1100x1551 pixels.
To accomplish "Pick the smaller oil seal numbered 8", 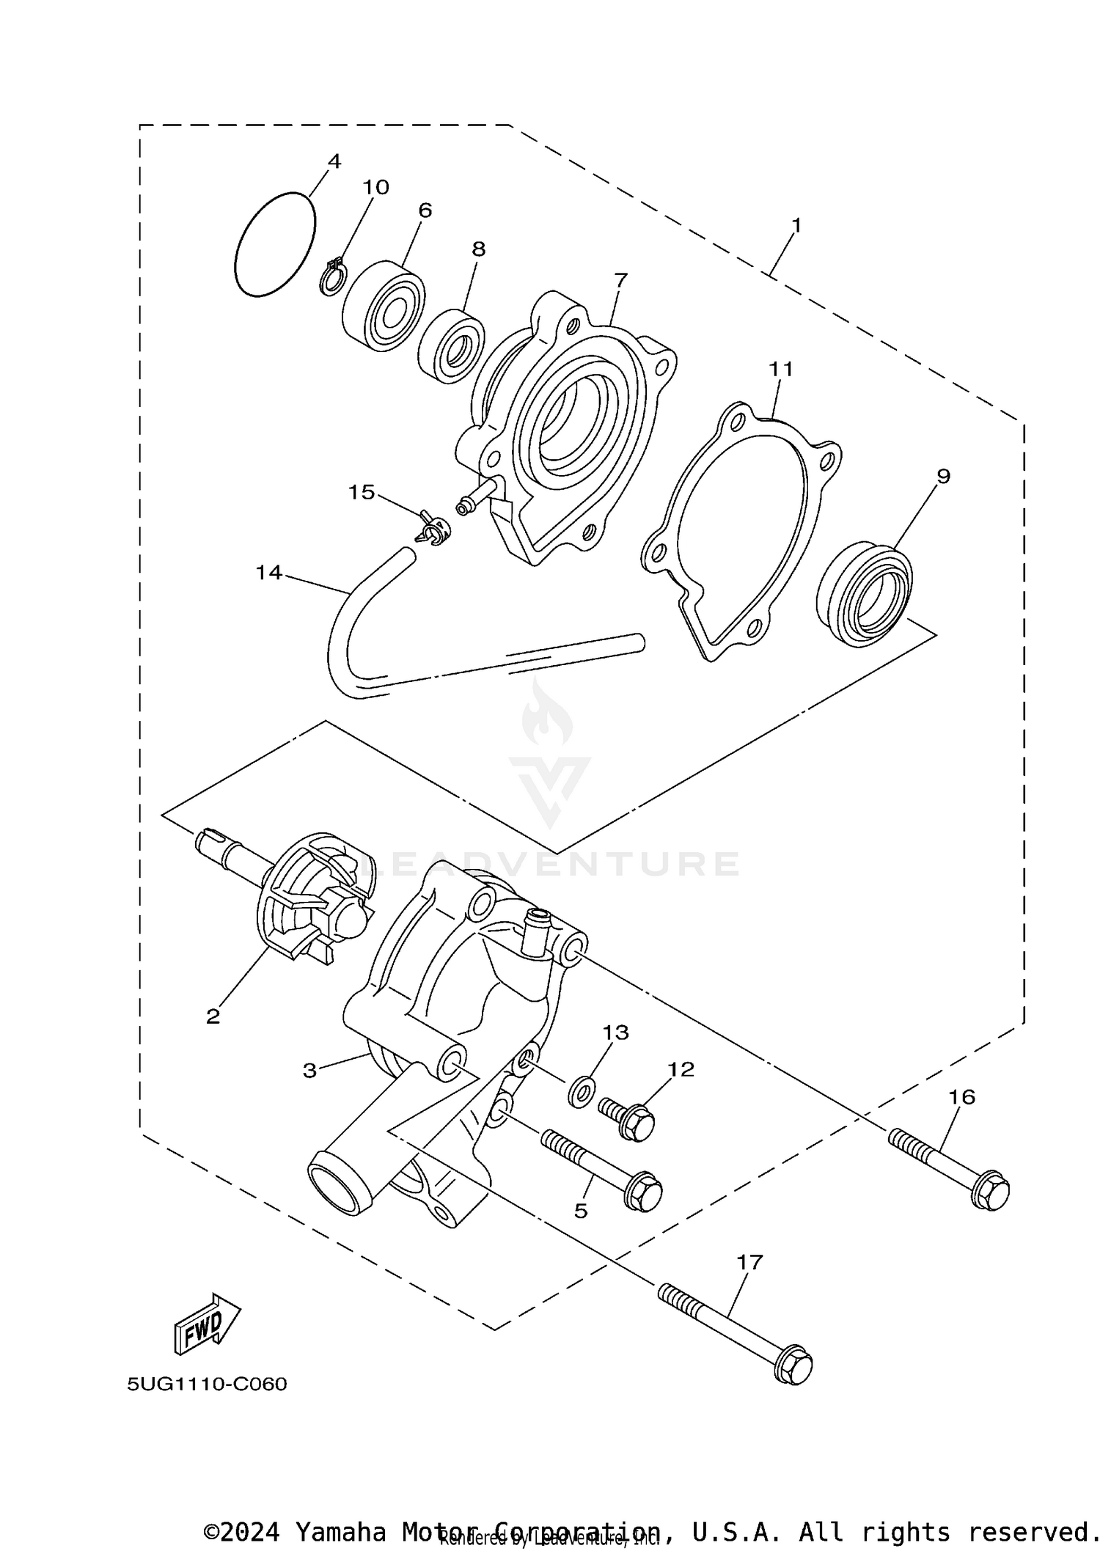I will coord(450,345).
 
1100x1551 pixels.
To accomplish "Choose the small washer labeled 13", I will coord(582,1092).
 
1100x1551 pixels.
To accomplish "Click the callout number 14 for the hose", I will coord(268,573).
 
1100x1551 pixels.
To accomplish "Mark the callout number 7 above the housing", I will coord(620,279).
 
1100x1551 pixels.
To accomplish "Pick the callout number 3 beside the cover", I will coord(309,1071).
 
